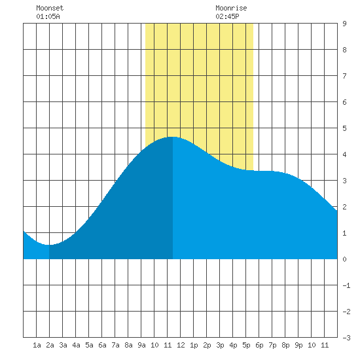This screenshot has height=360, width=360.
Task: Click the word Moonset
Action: tap(50, 8)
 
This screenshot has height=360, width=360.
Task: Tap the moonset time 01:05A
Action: tap(48, 16)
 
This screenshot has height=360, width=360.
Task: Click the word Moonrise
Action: tap(231, 8)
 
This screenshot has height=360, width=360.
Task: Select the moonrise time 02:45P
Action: tap(227, 16)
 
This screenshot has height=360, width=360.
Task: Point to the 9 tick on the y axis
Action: tap(344, 24)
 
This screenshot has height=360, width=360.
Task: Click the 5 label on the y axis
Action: tap(344, 128)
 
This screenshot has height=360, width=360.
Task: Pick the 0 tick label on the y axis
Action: tap(344, 259)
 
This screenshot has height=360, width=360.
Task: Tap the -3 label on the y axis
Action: tap(346, 338)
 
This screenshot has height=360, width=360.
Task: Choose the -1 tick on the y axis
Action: tap(346, 285)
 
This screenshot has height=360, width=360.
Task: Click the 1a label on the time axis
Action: tap(37, 345)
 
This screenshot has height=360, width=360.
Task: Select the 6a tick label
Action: tap(102, 345)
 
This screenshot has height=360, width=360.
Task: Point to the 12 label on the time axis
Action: tap(181, 345)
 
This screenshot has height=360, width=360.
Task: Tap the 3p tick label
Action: tap(220, 345)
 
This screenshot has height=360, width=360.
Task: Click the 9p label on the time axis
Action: tap(298, 345)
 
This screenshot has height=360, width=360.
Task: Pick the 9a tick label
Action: tap(141, 345)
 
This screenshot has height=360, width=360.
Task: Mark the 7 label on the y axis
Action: tap(344, 76)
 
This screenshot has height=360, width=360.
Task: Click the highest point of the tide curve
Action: tap(173, 137)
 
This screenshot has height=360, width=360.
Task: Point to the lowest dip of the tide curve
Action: tap(49, 245)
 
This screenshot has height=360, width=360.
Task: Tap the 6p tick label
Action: tap(259, 345)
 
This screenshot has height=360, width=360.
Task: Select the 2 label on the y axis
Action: tap(344, 207)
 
